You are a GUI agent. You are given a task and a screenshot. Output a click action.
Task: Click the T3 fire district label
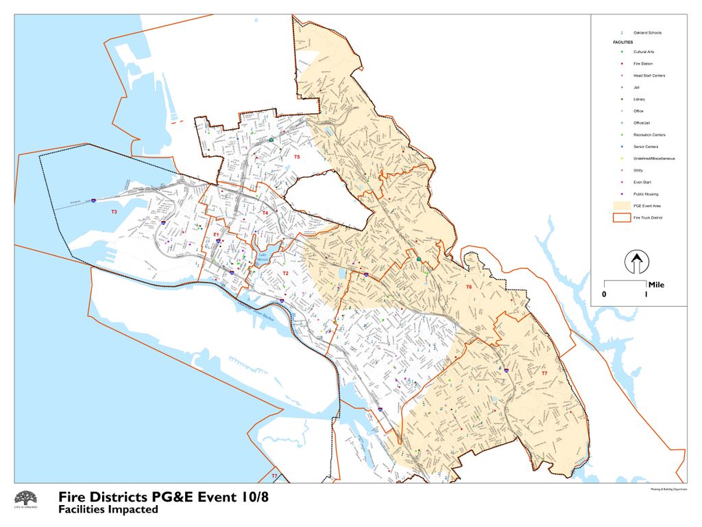[114, 213]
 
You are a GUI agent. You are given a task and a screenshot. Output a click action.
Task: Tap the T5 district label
[297, 157]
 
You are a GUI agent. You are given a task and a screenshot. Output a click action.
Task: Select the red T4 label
[265, 213]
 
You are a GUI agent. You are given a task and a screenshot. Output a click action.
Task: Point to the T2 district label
[285, 273]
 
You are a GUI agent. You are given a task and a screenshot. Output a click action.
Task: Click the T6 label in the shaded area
[469, 286]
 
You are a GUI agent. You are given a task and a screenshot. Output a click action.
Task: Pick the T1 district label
[216, 235]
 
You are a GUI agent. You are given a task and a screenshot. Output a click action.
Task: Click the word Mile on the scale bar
[655, 285]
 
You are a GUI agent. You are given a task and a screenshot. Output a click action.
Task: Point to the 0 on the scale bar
[604, 294]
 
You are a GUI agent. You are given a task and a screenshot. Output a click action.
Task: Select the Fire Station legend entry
[642, 64]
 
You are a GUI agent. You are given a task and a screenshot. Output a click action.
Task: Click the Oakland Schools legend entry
[647, 33]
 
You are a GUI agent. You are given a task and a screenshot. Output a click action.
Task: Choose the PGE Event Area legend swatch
[621, 206]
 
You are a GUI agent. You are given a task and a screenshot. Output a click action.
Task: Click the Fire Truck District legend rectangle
[621, 218]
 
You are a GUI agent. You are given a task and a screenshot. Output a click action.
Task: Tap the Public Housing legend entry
[645, 194]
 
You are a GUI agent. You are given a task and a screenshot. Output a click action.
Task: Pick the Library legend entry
[639, 99]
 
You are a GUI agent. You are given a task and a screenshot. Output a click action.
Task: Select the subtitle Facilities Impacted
[108, 510]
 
